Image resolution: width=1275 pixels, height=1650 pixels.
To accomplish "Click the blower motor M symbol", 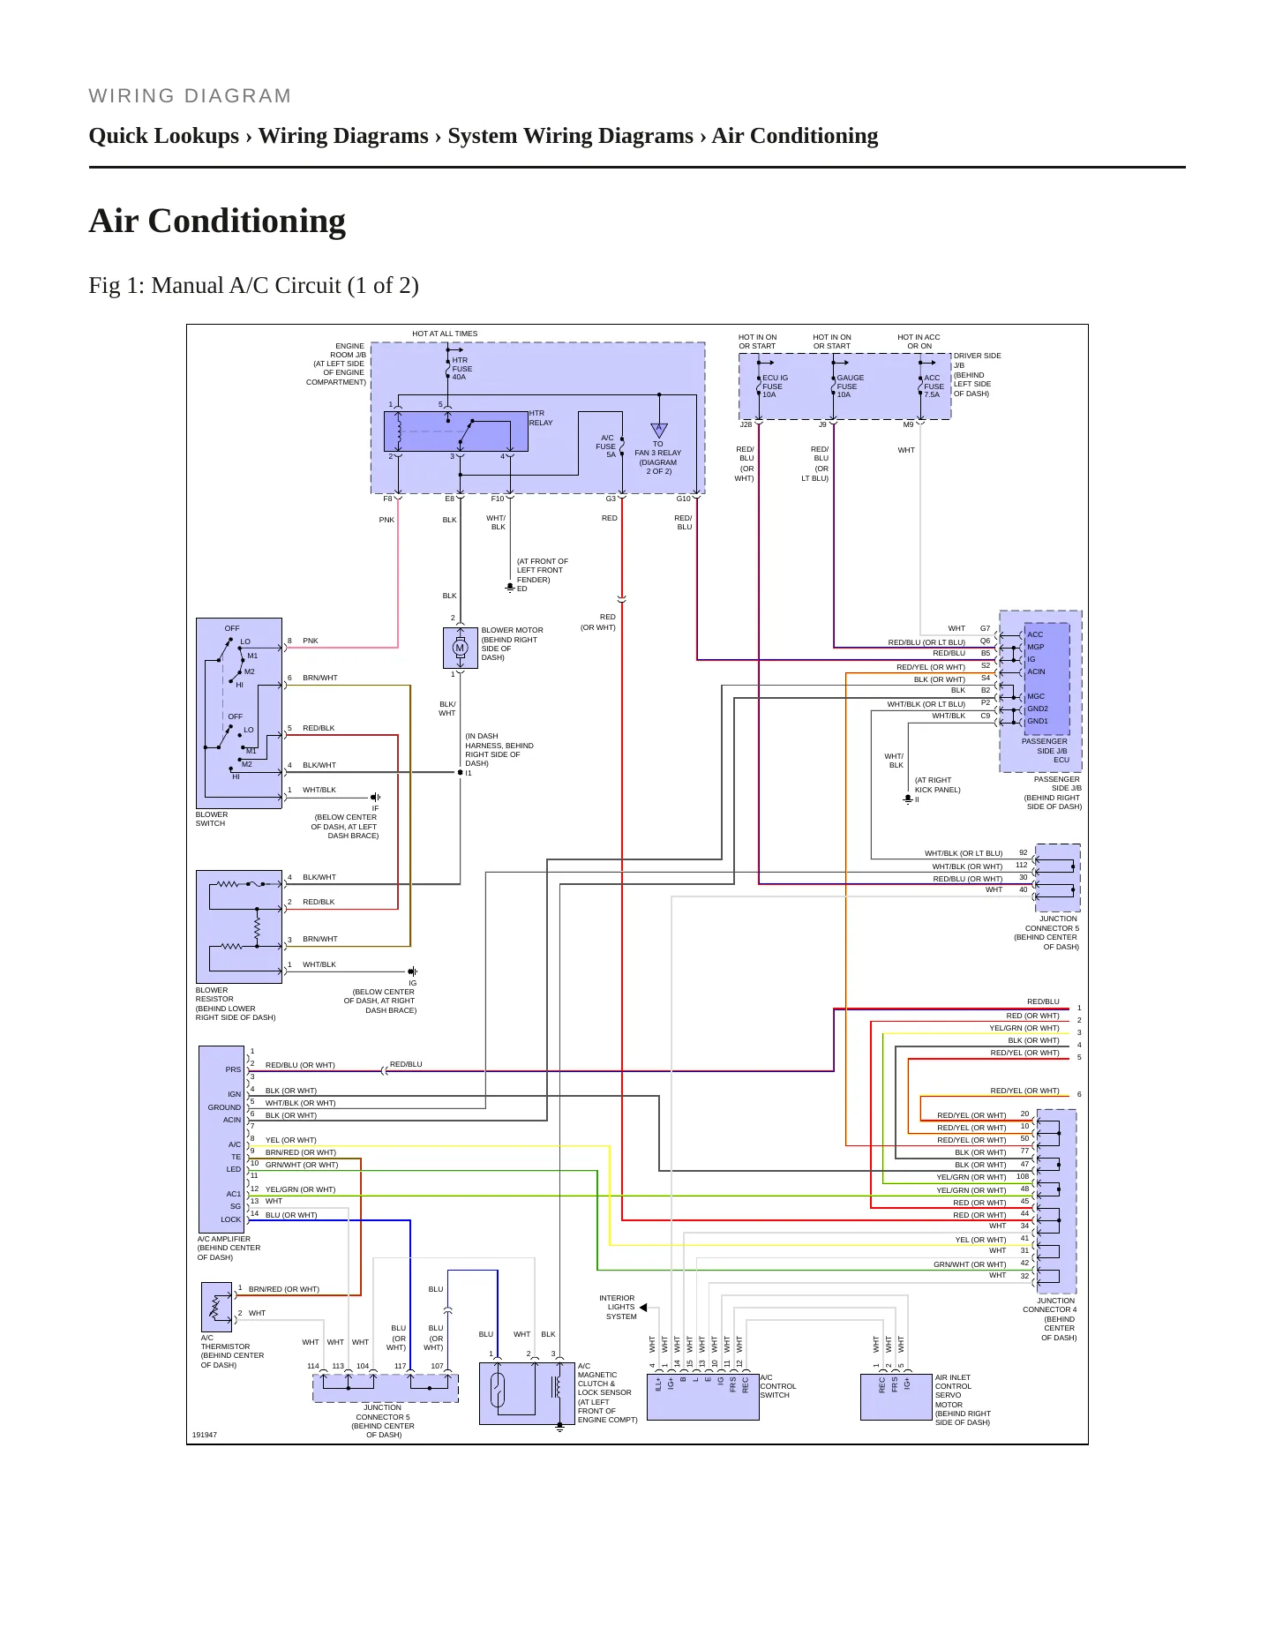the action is coord(460,649).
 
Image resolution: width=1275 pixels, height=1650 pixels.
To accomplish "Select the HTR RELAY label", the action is coord(541,418).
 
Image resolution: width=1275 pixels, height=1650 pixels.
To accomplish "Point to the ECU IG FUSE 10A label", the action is coord(775,386).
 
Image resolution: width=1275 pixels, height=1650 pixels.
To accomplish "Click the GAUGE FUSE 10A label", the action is coord(850,386).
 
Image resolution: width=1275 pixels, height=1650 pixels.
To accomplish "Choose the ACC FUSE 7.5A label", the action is coord(934,386).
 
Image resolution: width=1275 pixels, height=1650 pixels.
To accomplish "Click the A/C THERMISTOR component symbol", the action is coord(216,1307).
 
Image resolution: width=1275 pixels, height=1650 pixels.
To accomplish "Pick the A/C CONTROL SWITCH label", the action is coord(777,1386).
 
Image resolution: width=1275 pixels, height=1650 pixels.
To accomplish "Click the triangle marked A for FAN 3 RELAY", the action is coord(658,430).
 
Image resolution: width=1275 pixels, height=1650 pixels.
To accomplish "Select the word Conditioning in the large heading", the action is coord(247,221).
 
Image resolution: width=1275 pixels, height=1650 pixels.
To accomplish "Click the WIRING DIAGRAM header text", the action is coord(190,96).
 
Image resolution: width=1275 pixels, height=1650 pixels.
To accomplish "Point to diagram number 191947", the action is coord(204,1435).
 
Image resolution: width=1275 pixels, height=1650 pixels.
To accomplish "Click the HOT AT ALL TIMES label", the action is coord(445,334).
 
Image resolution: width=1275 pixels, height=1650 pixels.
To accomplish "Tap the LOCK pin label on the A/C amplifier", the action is coord(230,1219).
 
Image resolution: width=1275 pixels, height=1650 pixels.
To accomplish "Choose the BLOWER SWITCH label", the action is coord(212,819).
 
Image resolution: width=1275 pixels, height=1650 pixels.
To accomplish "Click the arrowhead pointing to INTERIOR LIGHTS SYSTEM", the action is coord(643,1307).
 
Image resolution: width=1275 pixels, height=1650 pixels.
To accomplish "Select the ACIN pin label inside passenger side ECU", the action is coord(1036,671).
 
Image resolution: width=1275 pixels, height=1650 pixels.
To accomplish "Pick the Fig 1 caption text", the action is coord(253,286).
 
